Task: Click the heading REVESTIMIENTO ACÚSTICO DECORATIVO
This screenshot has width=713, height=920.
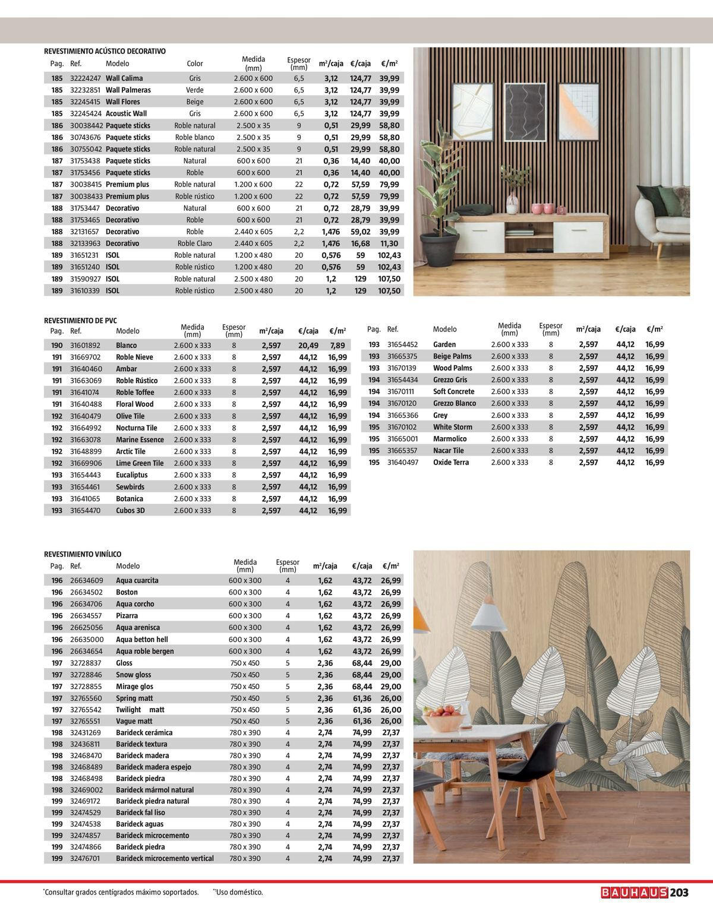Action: point(105,52)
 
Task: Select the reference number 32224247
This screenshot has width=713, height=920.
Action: point(86,78)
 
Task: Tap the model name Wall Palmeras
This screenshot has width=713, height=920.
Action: point(128,90)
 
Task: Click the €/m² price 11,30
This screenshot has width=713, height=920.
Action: point(389,244)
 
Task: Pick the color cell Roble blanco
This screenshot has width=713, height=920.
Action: point(195,137)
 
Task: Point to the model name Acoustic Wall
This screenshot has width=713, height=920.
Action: point(126,113)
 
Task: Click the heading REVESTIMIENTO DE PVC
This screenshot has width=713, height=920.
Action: point(81,320)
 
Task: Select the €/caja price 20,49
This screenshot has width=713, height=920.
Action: point(308,345)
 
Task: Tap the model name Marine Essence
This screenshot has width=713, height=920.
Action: point(140,440)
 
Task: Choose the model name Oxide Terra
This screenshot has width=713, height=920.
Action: point(451,462)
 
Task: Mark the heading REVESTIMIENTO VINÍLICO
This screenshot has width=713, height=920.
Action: point(83,554)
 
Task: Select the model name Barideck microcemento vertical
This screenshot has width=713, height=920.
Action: point(165,858)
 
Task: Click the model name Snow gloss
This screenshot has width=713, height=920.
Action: point(134,675)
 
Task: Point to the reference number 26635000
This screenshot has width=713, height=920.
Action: point(87,639)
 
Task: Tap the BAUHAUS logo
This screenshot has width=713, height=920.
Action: point(634,892)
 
